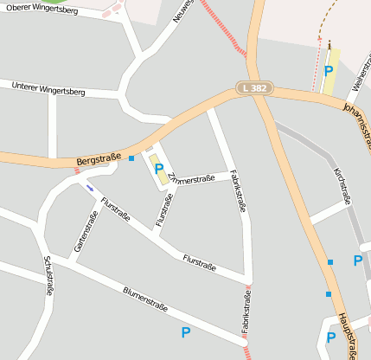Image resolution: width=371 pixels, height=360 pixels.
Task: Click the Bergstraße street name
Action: [99, 159]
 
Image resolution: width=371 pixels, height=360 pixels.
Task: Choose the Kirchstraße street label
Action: [342, 187]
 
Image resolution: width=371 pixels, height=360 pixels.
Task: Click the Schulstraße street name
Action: [48, 276]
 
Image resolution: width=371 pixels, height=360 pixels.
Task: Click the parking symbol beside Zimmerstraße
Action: [159, 169]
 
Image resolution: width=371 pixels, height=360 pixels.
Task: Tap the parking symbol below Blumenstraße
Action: [186, 332]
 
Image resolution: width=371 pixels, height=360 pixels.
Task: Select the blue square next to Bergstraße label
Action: [131, 158]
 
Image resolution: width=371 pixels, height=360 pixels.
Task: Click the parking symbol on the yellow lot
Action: [328, 71]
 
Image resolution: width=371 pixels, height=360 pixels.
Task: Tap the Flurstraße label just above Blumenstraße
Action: [199, 260]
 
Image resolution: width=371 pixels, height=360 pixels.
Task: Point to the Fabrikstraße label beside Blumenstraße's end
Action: [246, 312]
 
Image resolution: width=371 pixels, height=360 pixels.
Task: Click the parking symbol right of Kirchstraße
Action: [358, 260]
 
